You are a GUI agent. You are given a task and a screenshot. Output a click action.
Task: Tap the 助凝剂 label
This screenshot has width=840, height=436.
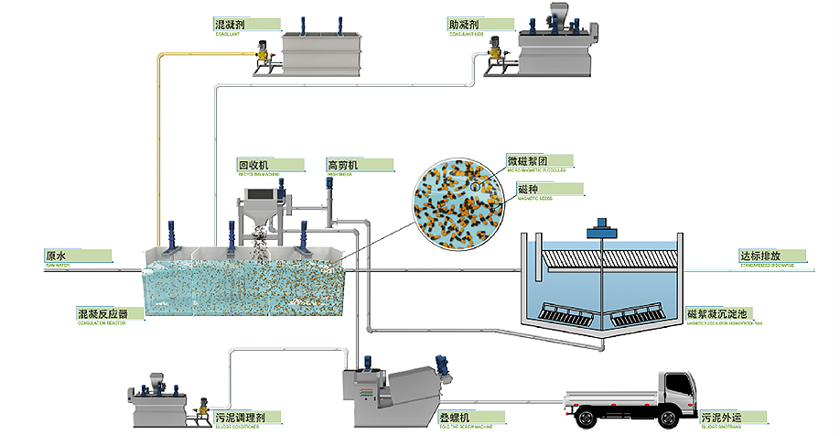[x=463, y=24]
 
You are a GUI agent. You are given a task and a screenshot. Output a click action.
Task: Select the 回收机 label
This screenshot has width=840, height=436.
[x=253, y=165]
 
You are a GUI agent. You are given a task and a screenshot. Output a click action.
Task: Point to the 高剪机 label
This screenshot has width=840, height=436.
[x=343, y=165]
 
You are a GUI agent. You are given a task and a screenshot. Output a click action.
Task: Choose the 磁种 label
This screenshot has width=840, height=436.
[x=529, y=189]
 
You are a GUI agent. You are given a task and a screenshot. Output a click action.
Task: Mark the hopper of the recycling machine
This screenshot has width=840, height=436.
[x=260, y=216]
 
